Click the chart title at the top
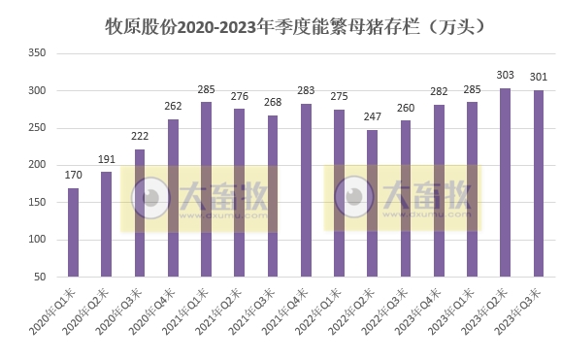coord(281,24)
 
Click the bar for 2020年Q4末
coord(173,198)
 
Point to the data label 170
coord(73,176)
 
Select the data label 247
coord(372,117)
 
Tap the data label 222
coord(140,137)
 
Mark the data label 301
coord(539,78)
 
